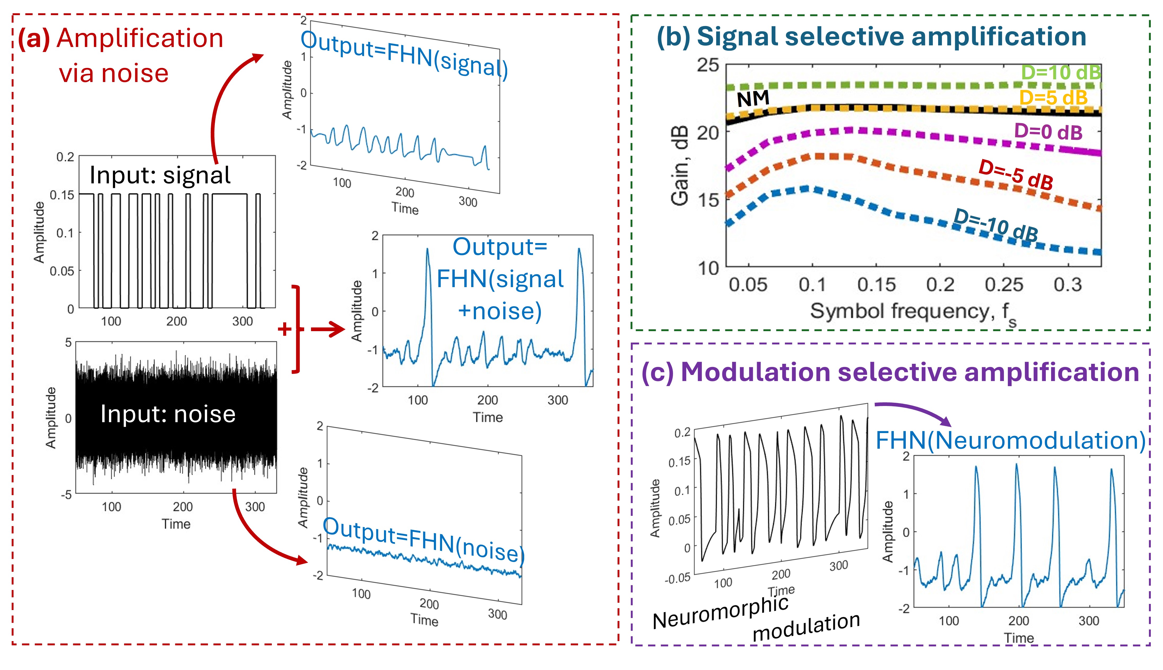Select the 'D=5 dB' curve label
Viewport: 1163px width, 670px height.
(x=1053, y=98)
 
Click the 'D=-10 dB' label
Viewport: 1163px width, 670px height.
(x=996, y=224)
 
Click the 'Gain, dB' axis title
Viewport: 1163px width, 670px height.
(x=680, y=165)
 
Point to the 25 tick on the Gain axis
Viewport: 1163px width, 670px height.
(x=707, y=65)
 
